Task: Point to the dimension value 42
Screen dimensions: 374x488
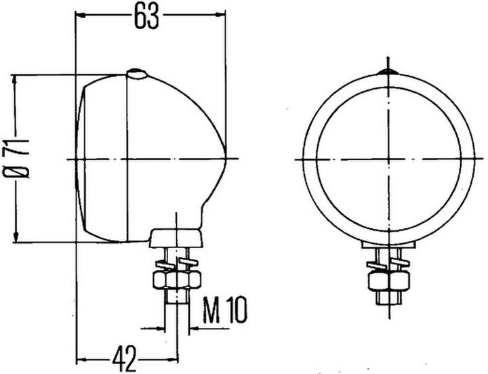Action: click(x=126, y=355)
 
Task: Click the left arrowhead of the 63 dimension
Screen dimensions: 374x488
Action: click(x=80, y=13)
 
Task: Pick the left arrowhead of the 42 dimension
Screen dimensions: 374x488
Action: click(x=80, y=358)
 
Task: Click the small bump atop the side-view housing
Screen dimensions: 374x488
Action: click(x=137, y=73)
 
